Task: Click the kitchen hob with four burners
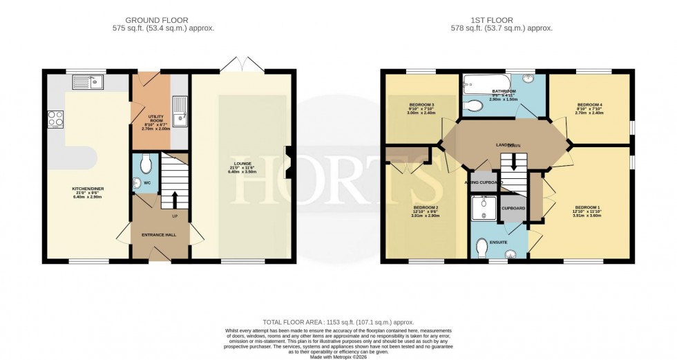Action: [x=55, y=119]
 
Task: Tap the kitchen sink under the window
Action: [x=87, y=82]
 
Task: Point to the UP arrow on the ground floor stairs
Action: [x=174, y=198]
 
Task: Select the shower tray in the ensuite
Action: [x=484, y=207]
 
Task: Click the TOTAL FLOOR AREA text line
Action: [x=338, y=322]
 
